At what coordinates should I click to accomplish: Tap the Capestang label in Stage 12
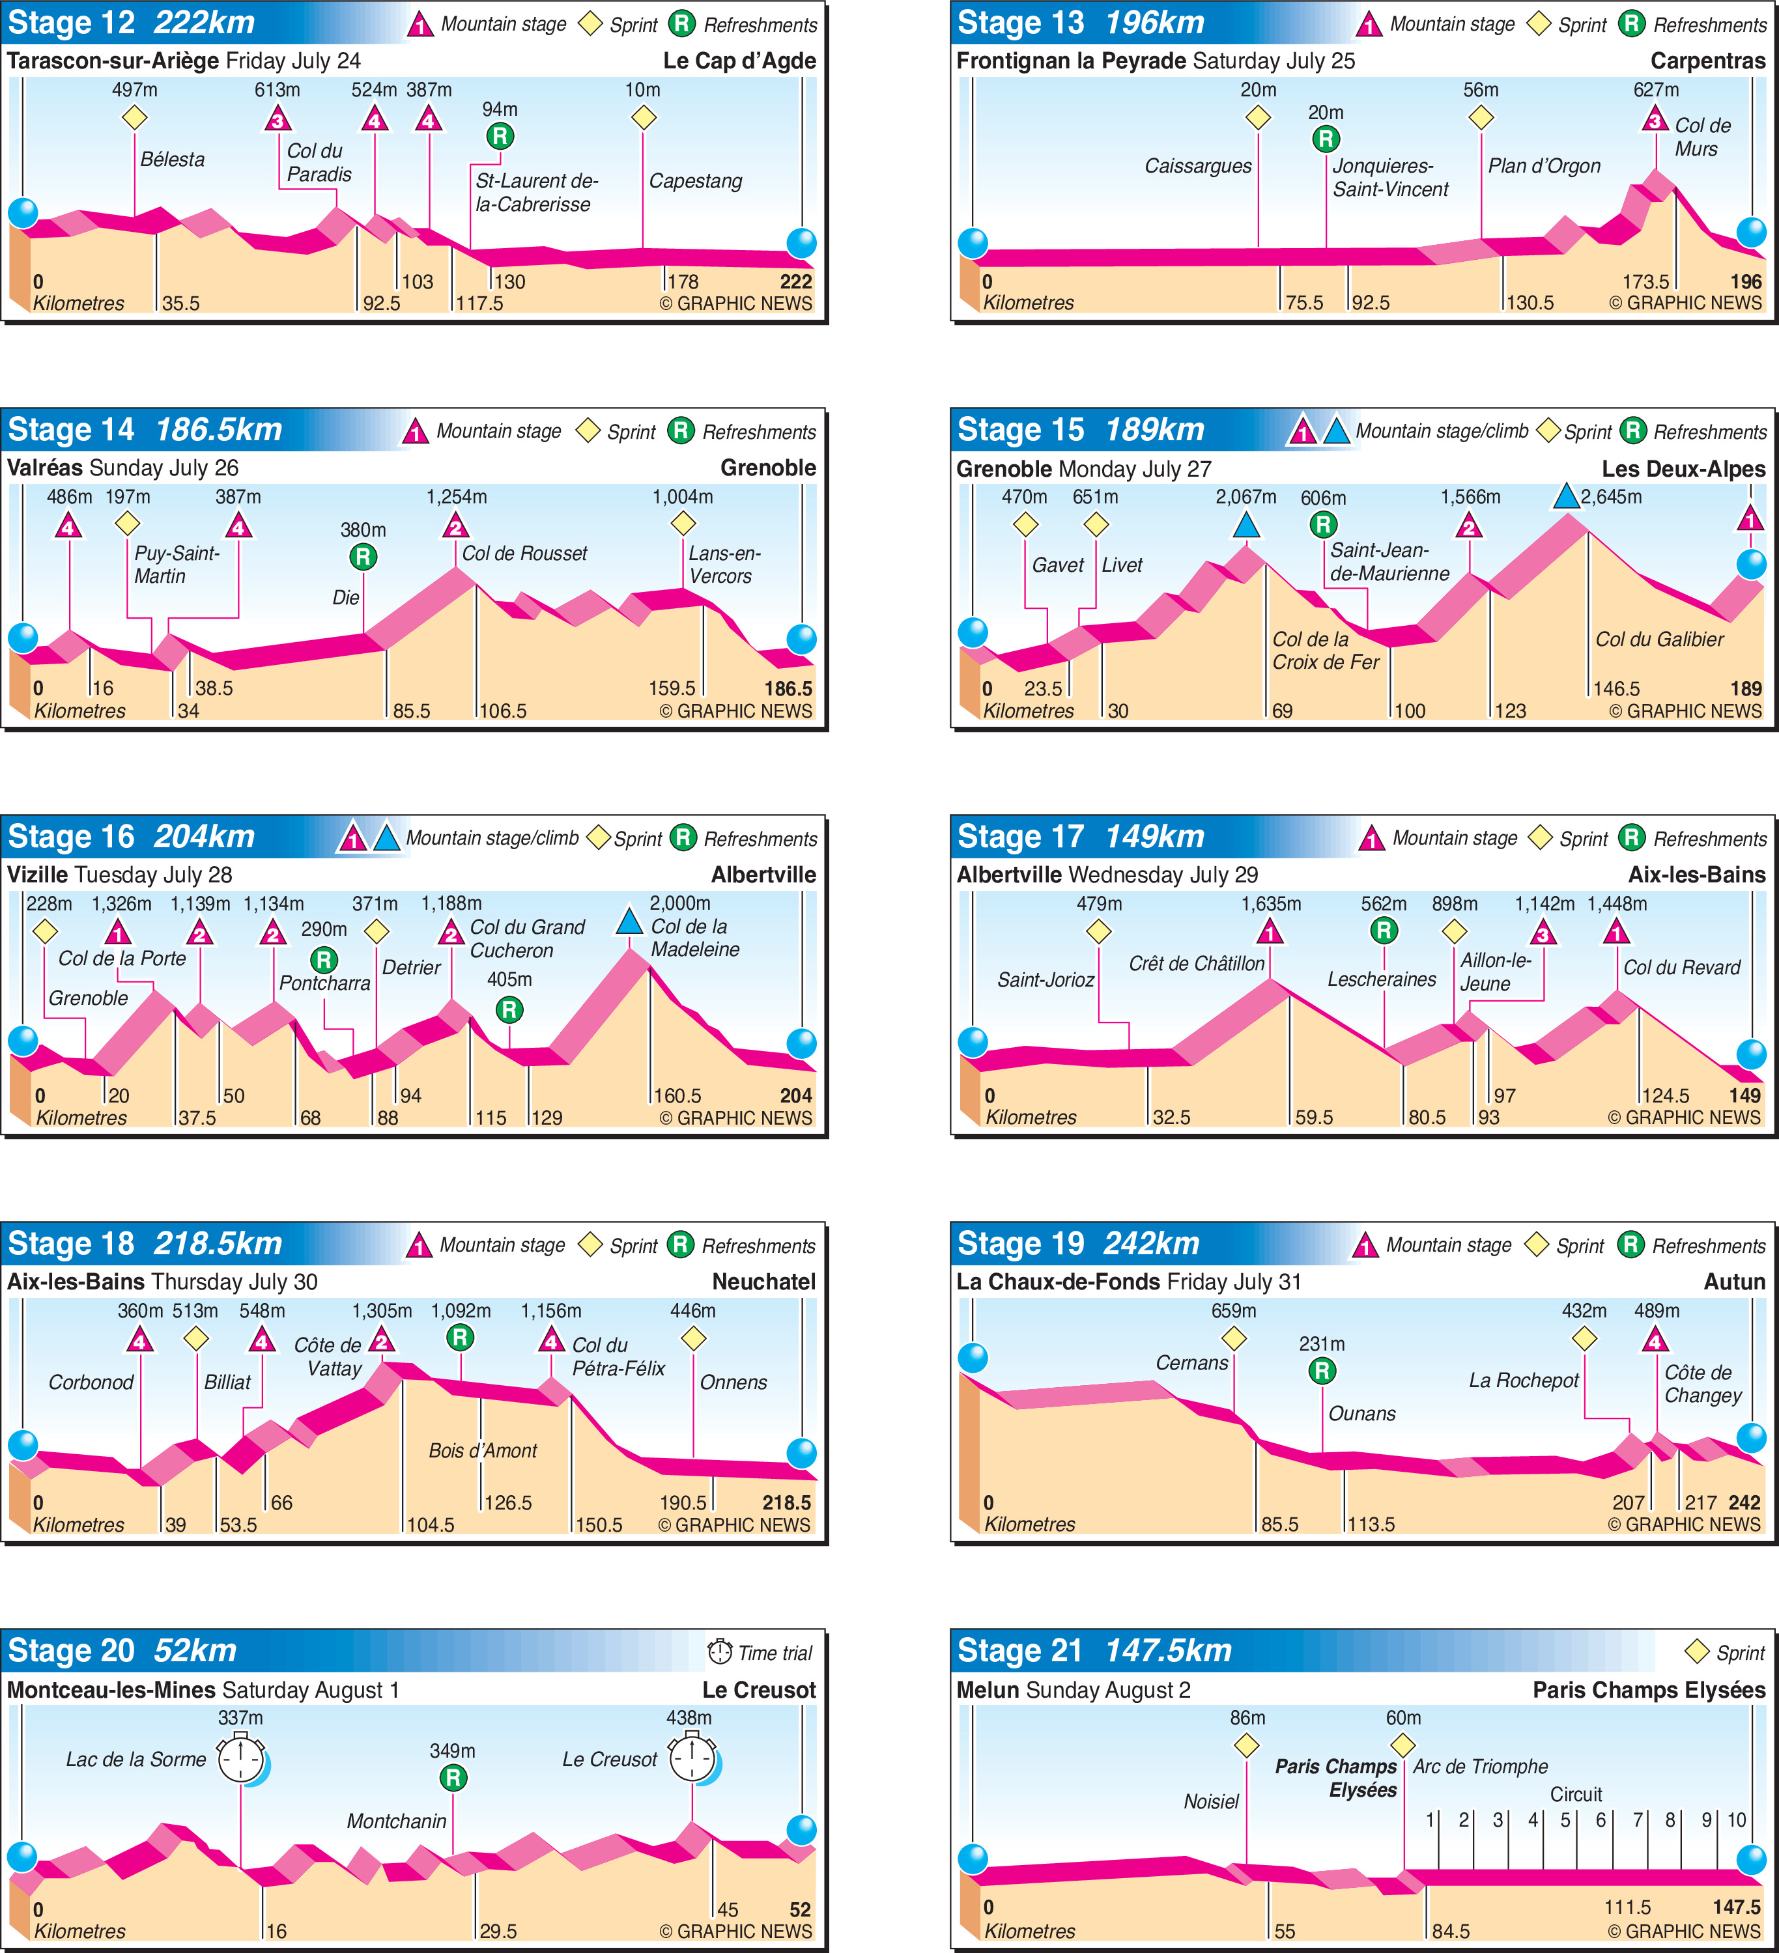(x=695, y=181)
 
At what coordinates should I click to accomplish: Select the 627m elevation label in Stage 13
(x=1655, y=90)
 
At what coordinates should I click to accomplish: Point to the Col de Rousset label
(x=524, y=553)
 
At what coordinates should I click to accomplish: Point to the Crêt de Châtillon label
(x=1196, y=964)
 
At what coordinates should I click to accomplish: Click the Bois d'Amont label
(x=483, y=1450)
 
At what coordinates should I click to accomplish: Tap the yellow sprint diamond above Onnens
(x=693, y=1339)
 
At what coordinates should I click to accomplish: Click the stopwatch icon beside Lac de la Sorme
(x=240, y=1759)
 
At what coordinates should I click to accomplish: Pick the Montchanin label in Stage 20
(x=396, y=1821)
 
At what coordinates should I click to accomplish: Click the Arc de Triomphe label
(x=1479, y=1766)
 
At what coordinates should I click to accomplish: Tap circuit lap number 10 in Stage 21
(x=1737, y=1820)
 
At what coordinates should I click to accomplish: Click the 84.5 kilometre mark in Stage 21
(x=1451, y=1931)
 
